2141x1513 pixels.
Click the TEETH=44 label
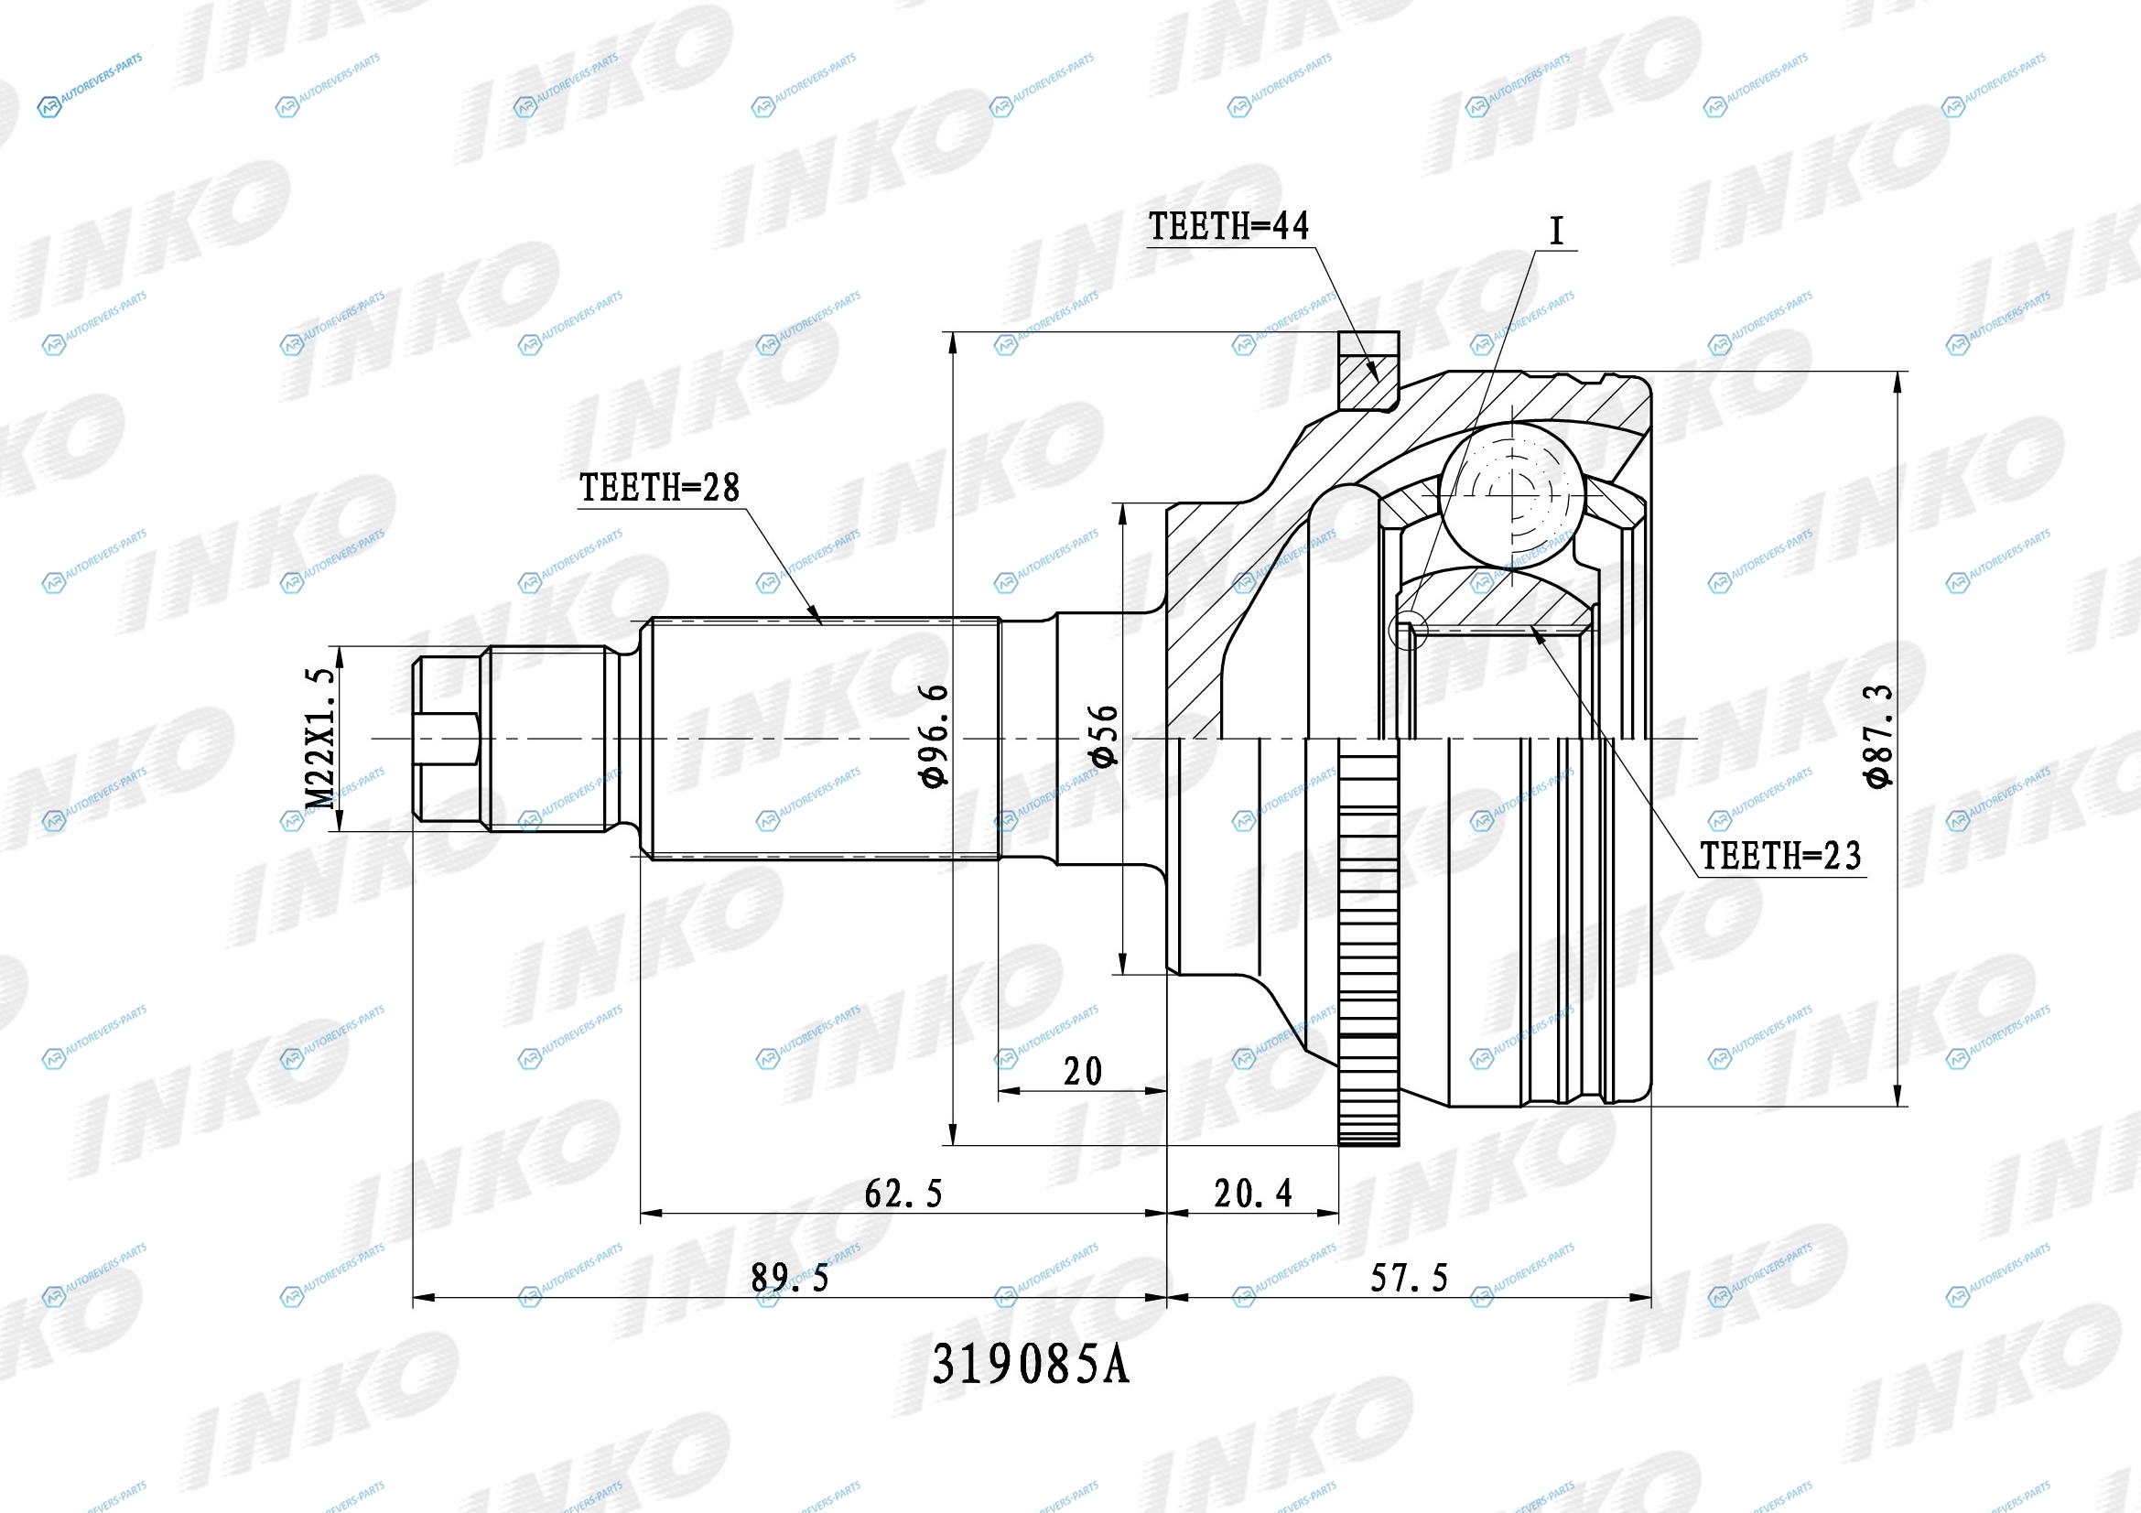(x=1228, y=226)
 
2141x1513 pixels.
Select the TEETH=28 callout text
(x=659, y=488)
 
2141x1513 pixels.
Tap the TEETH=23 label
(x=1781, y=856)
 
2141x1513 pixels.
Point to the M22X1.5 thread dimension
(x=319, y=738)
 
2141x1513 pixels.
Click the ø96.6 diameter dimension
(x=935, y=736)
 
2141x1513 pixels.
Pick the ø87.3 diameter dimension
(x=1879, y=737)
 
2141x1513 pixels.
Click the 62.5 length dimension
(x=903, y=1194)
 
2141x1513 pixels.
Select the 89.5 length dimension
(x=790, y=1278)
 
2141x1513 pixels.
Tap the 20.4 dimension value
(x=1252, y=1194)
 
